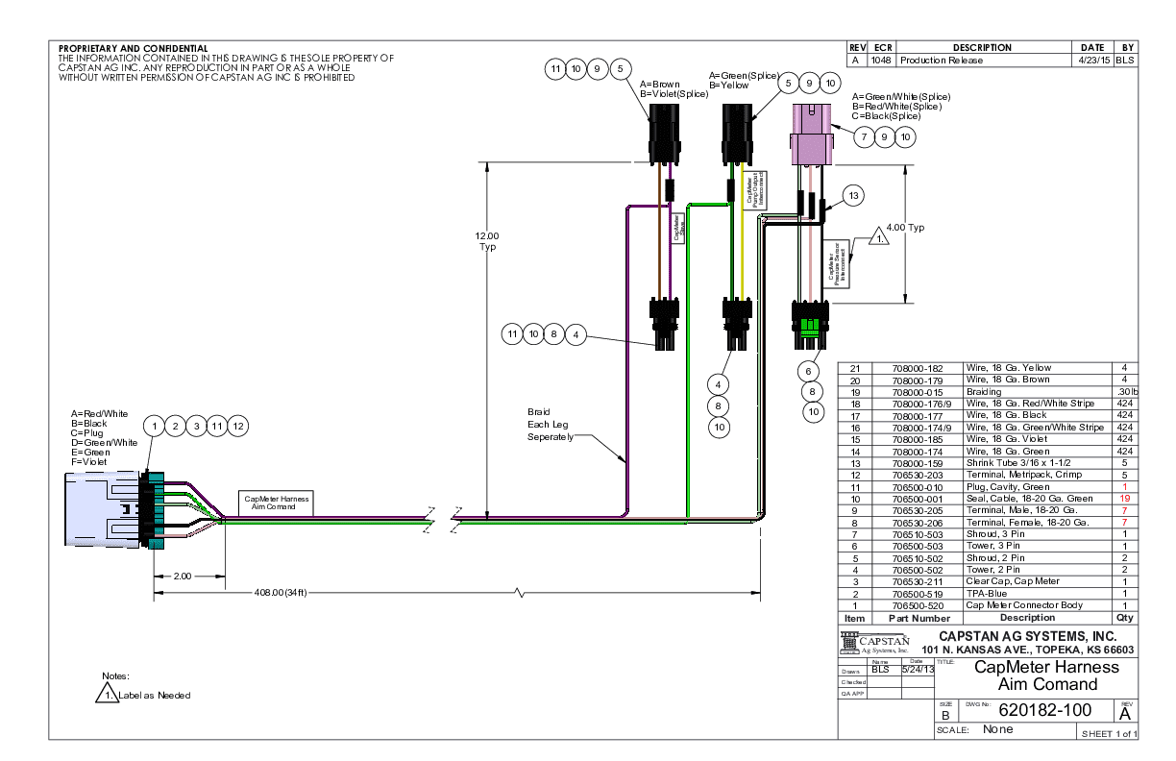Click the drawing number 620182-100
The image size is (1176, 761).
coord(1045,711)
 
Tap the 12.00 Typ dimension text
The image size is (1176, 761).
coord(488,241)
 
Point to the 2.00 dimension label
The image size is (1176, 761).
coord(183,577)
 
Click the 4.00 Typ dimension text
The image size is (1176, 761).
coord(905,228)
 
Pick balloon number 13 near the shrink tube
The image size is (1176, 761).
coord(852,196)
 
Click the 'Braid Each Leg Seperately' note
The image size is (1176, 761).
coord(551,424)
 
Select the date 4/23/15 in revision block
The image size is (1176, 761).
coord(1091,60)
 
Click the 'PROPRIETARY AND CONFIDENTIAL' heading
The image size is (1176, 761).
coord(133,48)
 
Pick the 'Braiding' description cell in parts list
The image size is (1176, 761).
coord(984,392)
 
